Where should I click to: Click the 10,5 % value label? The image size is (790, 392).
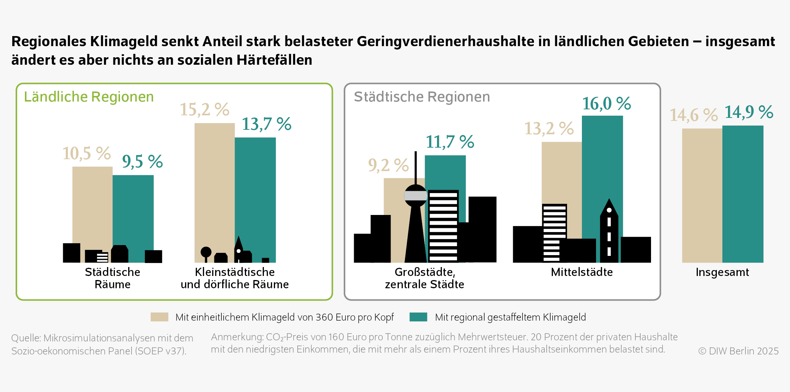click(x=87, y=153)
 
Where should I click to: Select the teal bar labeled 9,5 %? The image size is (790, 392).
click(x=133, y=208)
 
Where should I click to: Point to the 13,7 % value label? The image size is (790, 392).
click(x=266, y=124)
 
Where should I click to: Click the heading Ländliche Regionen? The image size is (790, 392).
click(x=89, y=97)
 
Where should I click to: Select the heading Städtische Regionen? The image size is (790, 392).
click(x=422, y=97)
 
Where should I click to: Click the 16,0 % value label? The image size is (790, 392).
click(x=606, y=103)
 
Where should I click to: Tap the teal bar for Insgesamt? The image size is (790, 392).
click(x=742, y=193)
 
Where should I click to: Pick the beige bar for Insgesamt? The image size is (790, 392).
click(x=702, y=193)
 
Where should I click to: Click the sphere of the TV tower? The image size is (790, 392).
click(x=415, y=196)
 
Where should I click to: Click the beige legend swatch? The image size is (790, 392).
click(x=159, y=317)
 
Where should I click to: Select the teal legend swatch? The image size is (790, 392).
click(x=418, y=317)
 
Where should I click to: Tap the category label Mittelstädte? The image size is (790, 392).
click(x=582, y=272)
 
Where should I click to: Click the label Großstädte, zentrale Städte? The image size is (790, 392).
click(x=424, y=278)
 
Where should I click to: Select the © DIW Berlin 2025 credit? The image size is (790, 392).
click(x=738, y=351)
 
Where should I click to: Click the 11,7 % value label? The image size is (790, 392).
click(x=450, y=142)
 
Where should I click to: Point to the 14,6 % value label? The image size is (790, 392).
click(x=693, y=115)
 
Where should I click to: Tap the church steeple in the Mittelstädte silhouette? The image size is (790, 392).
click(x=609, y=208)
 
